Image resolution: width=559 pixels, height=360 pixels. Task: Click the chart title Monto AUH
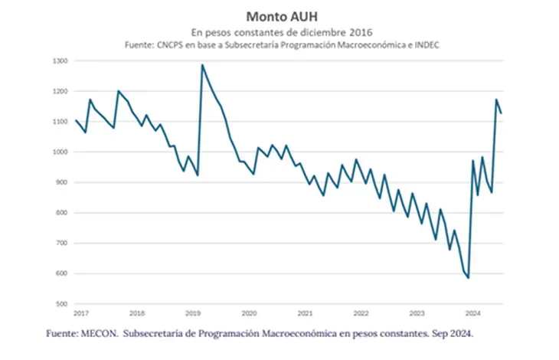pyautogui.click(x=279, y=15)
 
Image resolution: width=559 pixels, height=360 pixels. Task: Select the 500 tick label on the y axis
pyautogui.click(x=62, y=304)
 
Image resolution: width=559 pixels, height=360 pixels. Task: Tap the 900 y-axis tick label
pyautogui.click(x=62, y=182)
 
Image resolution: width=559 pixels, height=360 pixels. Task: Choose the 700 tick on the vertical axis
pyautogui.click(x=62, y=243)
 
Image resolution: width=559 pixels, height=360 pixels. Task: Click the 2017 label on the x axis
pyautogui.click(x=80, y=313)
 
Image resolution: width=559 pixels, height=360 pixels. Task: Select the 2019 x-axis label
pyautogui.click(x=193, y=313)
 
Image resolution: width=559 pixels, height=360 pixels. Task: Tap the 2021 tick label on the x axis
pyautogui.click(x=305, y=313)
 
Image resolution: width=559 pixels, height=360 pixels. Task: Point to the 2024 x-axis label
pyautogui.click(x=472, y=313)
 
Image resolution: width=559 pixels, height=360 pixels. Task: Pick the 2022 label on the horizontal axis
pyautogui.click(x=361, y=313)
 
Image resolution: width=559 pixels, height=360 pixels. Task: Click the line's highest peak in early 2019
pyautogui.click(x=202, y=65)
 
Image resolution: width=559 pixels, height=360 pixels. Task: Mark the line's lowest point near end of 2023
pyautogui.click(x=468, y=278)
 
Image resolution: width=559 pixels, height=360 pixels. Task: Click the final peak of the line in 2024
pyautogui.click(x=496, y=100)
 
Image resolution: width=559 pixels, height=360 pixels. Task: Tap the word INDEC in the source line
pyautogui.click(x=425, y=45)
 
